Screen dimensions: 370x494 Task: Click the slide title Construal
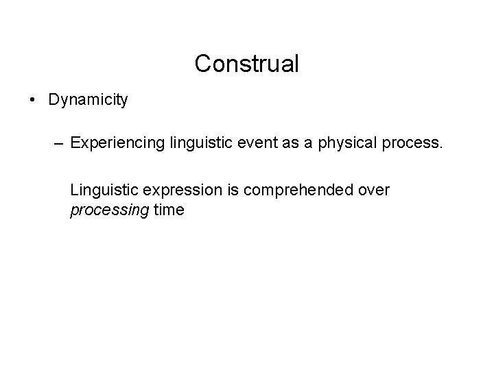click(246, 64)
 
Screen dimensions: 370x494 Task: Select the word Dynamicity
click(88, 100)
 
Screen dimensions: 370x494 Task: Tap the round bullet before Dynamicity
click(33, 100)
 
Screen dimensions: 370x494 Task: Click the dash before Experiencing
click(58, 145)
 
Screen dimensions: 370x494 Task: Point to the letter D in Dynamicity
click(54, 100)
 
